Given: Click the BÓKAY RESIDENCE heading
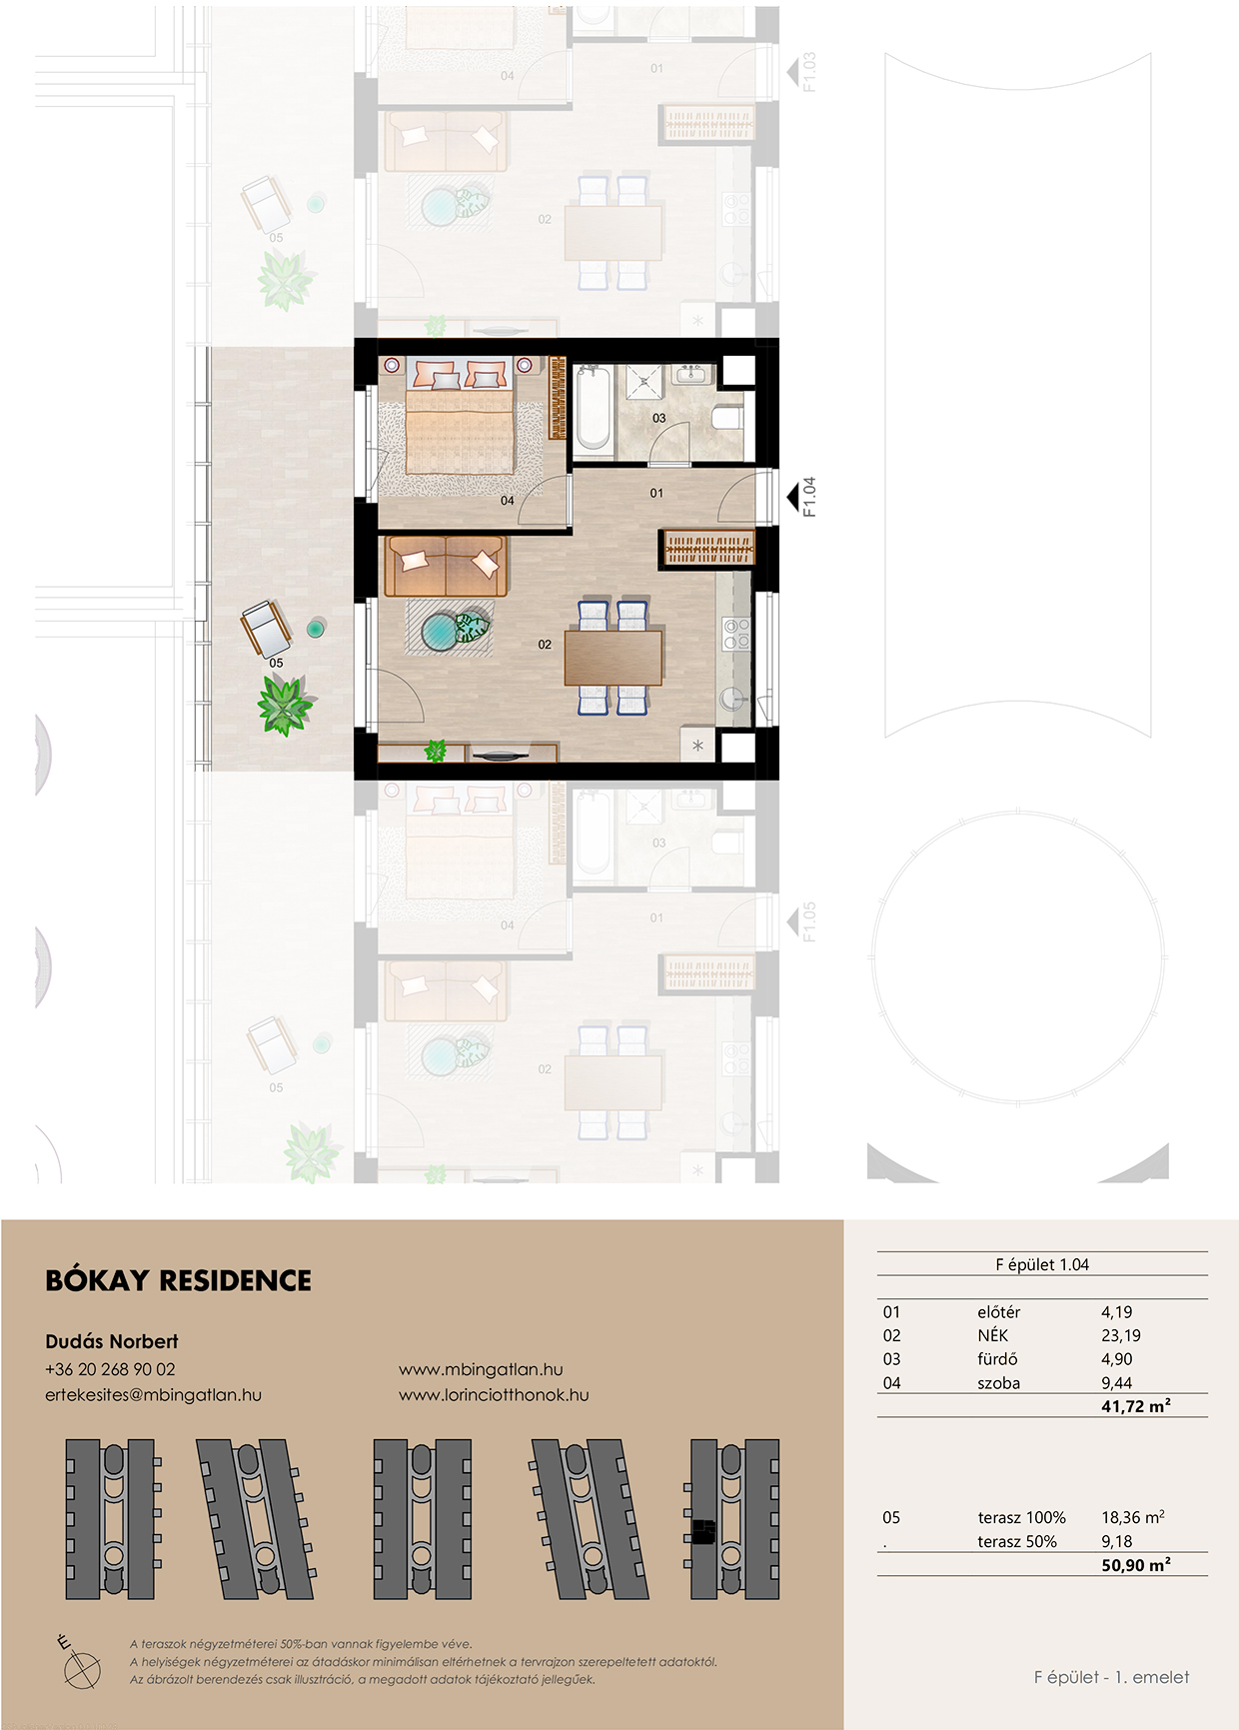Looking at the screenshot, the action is (178, 1280).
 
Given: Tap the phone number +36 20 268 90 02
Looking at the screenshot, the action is (110, 1369).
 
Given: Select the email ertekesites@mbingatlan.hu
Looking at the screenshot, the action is (153, 1395).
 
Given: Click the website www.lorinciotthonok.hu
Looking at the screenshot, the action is (494, 1395).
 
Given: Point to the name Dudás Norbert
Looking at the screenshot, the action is (112, 1341).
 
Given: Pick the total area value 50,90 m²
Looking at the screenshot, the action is (1136, 1565).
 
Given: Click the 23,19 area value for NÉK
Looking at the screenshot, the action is (1121, 1335).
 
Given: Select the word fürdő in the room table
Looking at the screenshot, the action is (997, 1359).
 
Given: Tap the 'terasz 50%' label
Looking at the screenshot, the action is (1017, 1541).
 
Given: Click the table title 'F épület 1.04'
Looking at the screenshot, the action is (1042, 1264).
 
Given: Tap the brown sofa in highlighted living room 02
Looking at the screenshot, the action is (446, 566).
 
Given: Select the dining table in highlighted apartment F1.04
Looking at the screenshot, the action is (614, 657).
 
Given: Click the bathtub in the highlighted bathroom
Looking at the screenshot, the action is (593, 408).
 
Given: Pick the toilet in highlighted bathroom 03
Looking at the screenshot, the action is (728, 417).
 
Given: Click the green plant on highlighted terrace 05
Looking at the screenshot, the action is (285, 704).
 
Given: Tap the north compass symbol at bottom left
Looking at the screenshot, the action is (81, 1664).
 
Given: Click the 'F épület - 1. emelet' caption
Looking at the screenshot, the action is (1111, 1677).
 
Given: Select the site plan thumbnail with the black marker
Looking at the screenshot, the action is (733, 1519).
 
